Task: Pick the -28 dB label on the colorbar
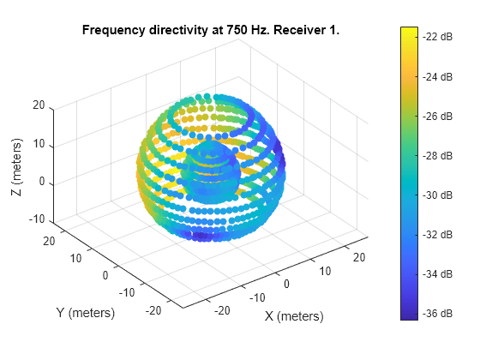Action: [439, 156]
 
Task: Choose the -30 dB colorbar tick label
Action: [439, 195]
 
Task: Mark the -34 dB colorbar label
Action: [439, 274]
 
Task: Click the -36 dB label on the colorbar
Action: [439, 314]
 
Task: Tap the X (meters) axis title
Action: [294, 317]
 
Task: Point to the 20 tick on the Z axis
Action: [39, 106]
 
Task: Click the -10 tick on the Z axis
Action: [35, 221]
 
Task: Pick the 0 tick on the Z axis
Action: [41, 183]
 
